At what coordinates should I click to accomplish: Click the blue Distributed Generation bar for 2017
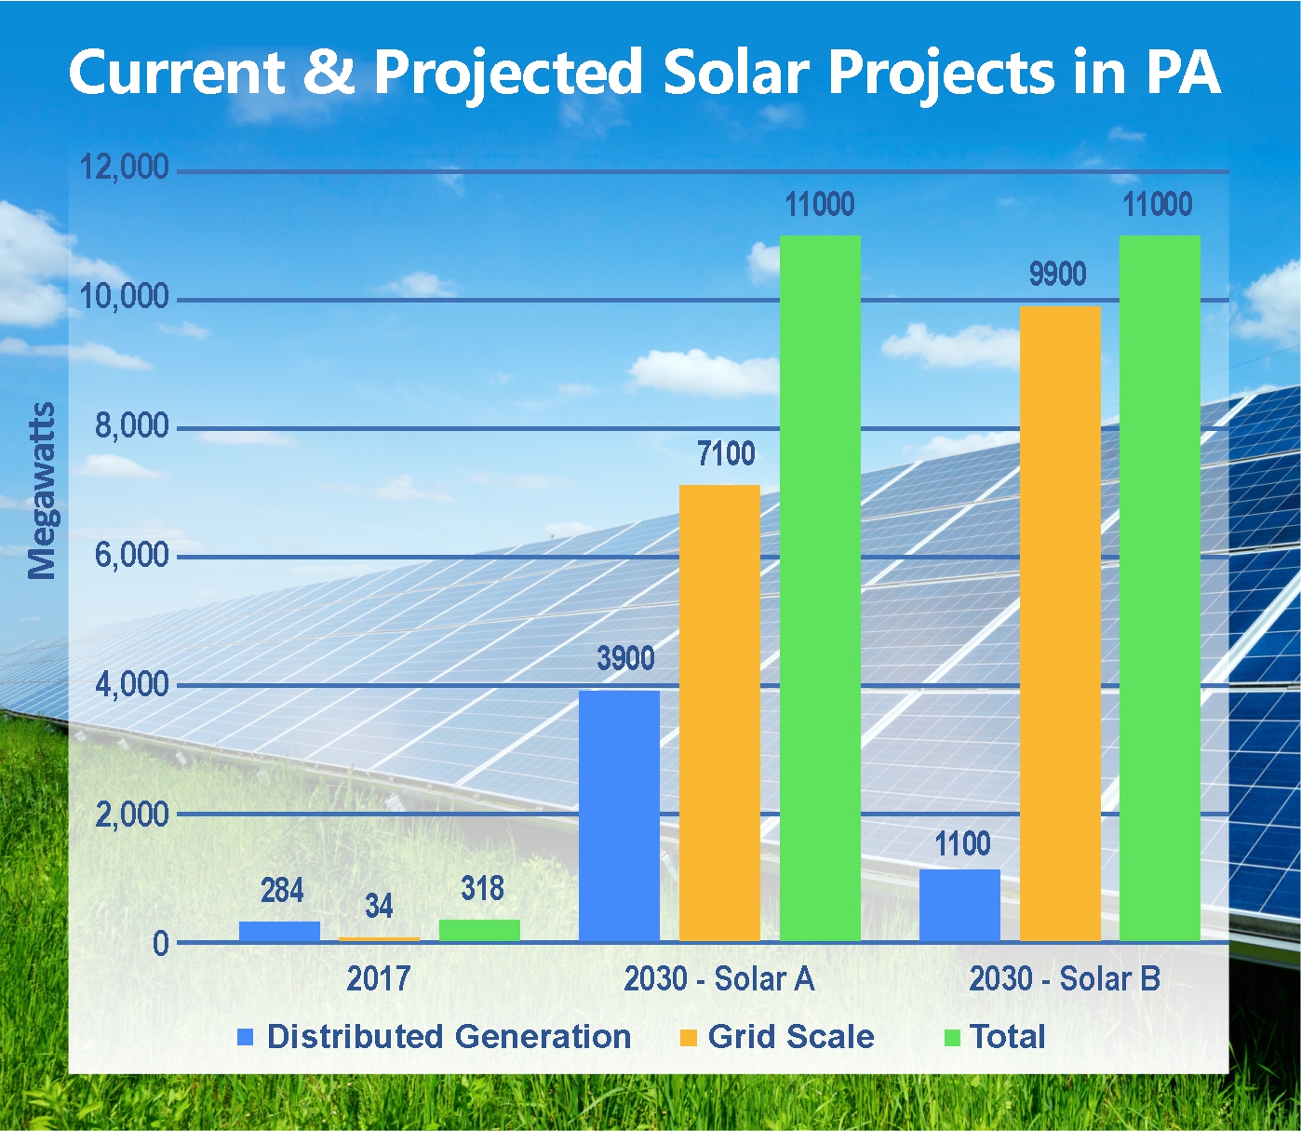pyautogui.click(x=279, y=931)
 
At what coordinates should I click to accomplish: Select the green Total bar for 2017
pyautogui.click(x=479, y=930)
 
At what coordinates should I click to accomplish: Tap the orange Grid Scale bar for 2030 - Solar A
pyautogui.click(x=719, y=713)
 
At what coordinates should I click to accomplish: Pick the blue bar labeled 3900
pyautogui.click(x=619, y=815)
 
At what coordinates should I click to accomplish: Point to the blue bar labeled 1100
pyautogui.click(x=959, y=905)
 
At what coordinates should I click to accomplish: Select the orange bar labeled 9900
pyautogui.click(x=1060, y=624)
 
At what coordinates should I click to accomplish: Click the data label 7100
pyautogui.click(x=726, y=454)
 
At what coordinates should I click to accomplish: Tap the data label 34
pyautogui.click(x=379, y=906)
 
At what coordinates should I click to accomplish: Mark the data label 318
pyautogui.click(x=482, y=889)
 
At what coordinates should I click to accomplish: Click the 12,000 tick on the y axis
pyautogui.click(x=125, y=168)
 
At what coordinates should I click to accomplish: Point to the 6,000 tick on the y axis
pyautogui.click(x=132, y=556)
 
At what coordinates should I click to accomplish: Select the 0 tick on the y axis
pyautogui.click(x=161, y=943)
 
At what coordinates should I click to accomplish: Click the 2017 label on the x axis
pyautogui.click(x=379, y=979)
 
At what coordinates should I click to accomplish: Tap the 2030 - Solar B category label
pyautogui.click(x=1065, y=979)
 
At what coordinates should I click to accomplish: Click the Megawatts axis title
pyautogui.click(x=42, y=491)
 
